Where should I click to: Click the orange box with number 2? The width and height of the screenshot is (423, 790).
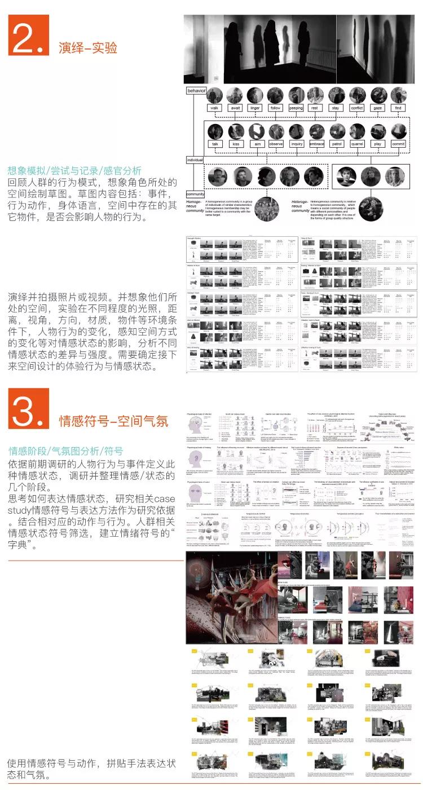coord(29,35)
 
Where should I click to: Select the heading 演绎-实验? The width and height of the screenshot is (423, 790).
coord(88,48)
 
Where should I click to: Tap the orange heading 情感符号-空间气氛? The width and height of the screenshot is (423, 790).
coord(113,421)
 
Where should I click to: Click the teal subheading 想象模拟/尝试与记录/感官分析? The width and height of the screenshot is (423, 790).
coord(75,170)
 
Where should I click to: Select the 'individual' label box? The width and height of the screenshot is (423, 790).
coord(195,160)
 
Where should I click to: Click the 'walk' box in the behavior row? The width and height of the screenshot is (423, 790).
coord(215,108)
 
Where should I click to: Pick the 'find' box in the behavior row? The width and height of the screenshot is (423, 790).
coord(398,108)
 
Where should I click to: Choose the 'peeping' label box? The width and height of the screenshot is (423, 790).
coord(296,108)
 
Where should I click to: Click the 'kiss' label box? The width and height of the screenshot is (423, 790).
coord(235,144)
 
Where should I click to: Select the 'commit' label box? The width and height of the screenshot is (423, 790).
coord(398,144)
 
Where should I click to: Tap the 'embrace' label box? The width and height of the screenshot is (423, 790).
coord(317,144)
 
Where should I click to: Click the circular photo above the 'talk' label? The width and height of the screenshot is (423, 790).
coord(215,131)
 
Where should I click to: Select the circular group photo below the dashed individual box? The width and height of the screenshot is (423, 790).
coord(267,209)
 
